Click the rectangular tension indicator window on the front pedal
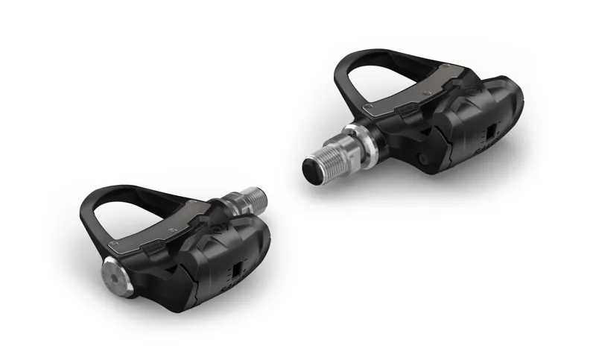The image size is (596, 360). pyautogui.click(x=237, y=270)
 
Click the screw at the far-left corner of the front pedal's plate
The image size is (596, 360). pyautogui.click(x=113, y=243)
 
